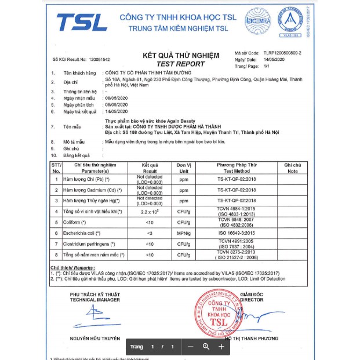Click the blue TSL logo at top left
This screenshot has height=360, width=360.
click(82, 22)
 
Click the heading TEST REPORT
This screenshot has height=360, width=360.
click(181, 64)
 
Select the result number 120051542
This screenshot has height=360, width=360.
click(95, 60)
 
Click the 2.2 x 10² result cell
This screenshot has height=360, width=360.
click(150, 212)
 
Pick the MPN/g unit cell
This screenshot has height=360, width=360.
click(184, 232)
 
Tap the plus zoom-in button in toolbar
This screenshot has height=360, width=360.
click(221, 347)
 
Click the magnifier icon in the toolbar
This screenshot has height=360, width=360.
click(206, 347)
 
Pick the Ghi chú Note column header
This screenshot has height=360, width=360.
click(292, 168)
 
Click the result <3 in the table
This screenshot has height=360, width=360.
click(150, 232)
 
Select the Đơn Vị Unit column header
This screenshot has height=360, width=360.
click(184, 168)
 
